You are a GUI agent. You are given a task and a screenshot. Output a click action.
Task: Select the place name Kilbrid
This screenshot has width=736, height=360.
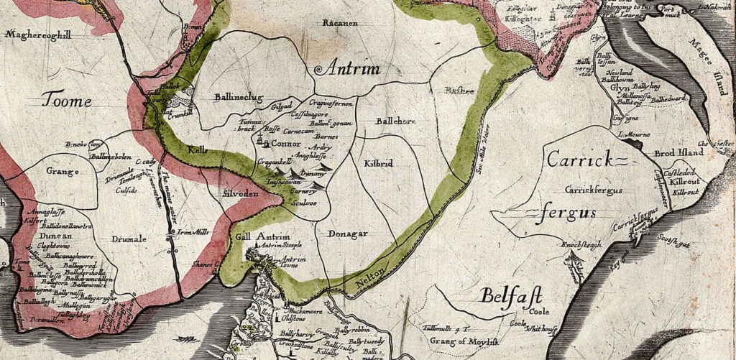coord(378,164)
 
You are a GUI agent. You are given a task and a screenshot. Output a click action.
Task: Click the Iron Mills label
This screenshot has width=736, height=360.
coord(192,232)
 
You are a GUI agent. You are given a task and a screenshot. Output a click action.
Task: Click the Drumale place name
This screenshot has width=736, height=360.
coord(129,239)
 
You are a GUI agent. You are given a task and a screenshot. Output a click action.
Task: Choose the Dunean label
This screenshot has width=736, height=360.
coord(49,234)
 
